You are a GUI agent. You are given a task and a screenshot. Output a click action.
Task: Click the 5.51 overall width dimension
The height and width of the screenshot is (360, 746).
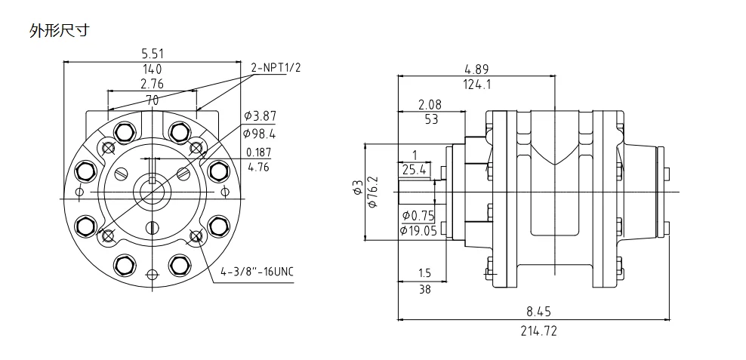pyautogui.click(x=153, y=54)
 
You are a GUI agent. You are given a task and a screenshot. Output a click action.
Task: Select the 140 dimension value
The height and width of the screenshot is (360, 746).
pyautogui.click(x=153, y=69)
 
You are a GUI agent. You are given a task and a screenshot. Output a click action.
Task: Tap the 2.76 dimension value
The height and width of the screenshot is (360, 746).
pyautogui.click(x=153, y=83)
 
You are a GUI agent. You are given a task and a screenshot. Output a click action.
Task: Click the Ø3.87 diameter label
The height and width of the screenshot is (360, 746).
pyautogui.click(x=260, y=116)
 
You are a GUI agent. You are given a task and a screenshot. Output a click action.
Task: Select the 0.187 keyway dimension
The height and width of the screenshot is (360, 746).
pyautogui.click(x=259, y=152)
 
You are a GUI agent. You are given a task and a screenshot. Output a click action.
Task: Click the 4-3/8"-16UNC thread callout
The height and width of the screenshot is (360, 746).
pyautogui.click(x=257, y=271)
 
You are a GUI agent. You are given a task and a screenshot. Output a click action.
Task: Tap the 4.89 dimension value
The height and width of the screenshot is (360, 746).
pyautogui.click(x=476, y=69)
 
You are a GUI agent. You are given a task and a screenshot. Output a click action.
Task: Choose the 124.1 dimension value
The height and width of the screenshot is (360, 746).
pyautogui.click(x=476, y=84)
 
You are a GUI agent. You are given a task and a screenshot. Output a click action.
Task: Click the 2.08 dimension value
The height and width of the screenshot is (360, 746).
pyautogui.click(x=430, y=104)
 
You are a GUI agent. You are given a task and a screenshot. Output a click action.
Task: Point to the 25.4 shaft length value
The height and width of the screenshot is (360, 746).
pyautogui.click(x=415, y=169)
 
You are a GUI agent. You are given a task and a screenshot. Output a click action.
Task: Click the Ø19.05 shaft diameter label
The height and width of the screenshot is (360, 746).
pyautogui.click(x=418, y=231)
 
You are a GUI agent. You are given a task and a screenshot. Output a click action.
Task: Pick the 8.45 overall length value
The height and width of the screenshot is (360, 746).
pyautogui.click(x=538, y=311)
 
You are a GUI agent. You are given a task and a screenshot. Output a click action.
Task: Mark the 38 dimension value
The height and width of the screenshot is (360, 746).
pyautogui.click(x=424, y=288)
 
